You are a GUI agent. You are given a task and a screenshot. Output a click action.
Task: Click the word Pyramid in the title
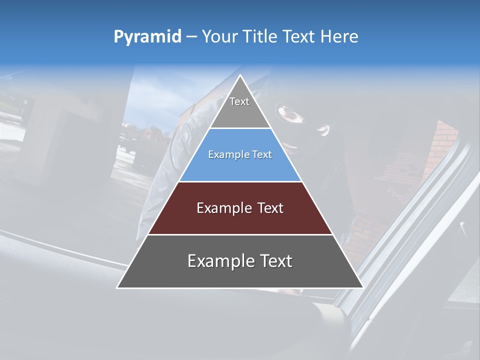click(x=147, y=37)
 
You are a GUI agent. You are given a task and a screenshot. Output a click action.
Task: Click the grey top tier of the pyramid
click(x=240, y=112)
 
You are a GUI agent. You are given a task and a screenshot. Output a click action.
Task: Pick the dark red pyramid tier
click(x=240, y=220)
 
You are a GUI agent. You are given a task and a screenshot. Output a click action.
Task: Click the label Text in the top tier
click(x=239, y=101)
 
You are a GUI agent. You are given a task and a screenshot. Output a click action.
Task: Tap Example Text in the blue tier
click(x=240, y=154)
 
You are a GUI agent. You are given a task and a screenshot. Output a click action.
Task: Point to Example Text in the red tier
click(x=240, y=208)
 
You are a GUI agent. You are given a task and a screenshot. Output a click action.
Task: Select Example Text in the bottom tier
click(x=240, y=261)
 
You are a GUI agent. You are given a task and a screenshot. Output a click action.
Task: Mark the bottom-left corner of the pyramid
click(x=117, y=287)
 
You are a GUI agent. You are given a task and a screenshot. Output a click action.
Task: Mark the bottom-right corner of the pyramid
click(x=362, y=287)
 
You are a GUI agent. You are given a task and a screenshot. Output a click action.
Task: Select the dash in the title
click(x=191, y=37)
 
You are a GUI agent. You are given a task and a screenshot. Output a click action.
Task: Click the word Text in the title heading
click(x=299, y=37)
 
